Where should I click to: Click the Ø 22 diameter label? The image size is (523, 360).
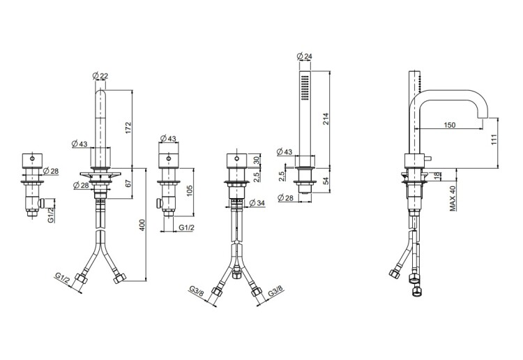pyautogui.click(x=100, y=76)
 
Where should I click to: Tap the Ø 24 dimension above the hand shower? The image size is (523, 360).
pyautogui.click(x=304, y=56)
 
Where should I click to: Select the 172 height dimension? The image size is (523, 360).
pyautogui.click(x=129, y=128)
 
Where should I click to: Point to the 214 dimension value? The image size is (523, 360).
pyautogui.click(x=326, y=119)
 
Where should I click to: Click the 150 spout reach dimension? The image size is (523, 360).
pyautogui.click(x=449, y=125)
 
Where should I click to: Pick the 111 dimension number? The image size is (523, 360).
pyautogui.click(x=494, y=139)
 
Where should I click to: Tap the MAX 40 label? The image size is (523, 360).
pyautogui.click(x=453, y=198)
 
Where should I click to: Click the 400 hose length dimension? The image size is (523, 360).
pyautogui.click(x=142, y=225)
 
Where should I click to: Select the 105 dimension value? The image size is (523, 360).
pyautogui.click(x=190, y=190)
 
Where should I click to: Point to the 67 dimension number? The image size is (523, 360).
pyautogui.click(x=129, y=183)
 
